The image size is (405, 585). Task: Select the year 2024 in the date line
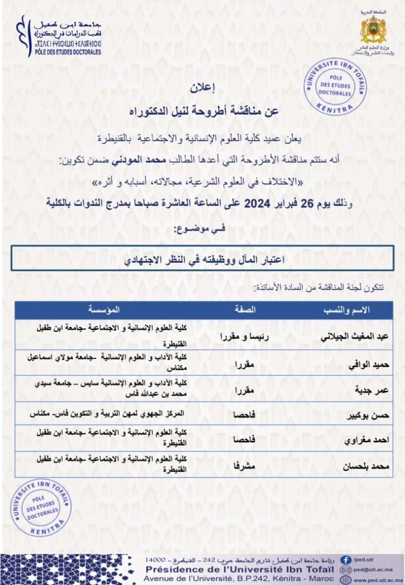tap(261, 203)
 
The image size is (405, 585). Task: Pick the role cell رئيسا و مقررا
tap(244, 336)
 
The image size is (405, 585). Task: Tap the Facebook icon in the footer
tap(346, 560)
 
